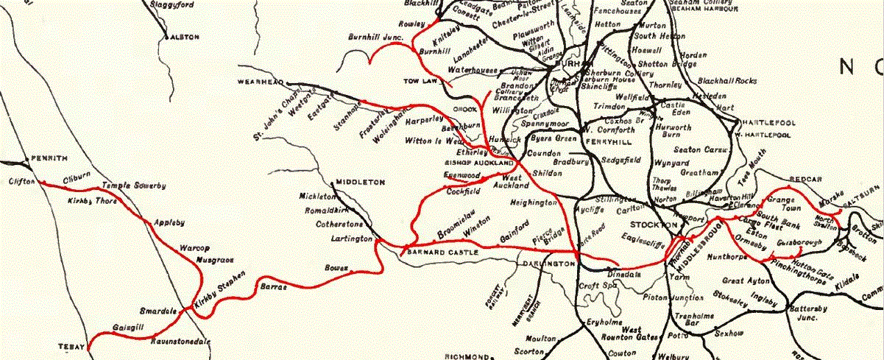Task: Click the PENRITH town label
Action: [50, 158]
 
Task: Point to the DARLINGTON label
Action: [549, 263]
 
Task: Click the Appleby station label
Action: [169, 222]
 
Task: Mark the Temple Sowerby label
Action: [133, 186]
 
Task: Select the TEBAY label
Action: [71, 345]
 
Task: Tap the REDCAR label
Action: [784, 179]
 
